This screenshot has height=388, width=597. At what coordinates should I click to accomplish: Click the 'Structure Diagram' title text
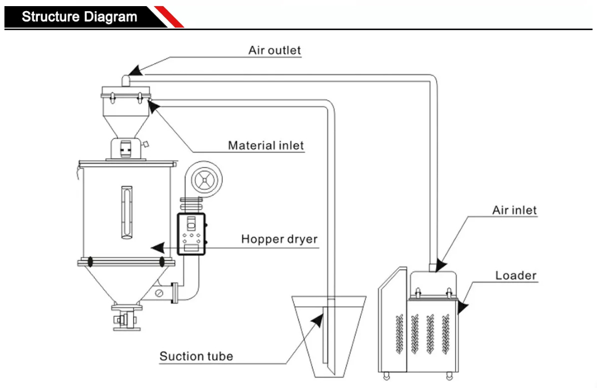pyautogui.click(x=79, y=17)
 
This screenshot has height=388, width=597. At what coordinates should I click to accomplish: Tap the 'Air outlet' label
pyautogui.click(x=275, y=50)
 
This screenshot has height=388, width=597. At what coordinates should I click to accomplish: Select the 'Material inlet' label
pyautogui.click(x=266, y=145)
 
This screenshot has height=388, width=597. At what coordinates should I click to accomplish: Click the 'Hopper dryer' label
pyautogui.click(x=279, y=239)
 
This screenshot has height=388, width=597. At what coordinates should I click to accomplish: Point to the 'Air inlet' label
pyautogui.click(x=515, y=210)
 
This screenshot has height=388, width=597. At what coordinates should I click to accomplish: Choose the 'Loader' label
pyautogui.click(x=516, y=276)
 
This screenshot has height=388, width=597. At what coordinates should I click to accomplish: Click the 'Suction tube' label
pyautogui.click(x=196, y=356)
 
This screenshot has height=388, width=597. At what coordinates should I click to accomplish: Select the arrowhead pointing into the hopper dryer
pyautogui.click(x=158, y=248)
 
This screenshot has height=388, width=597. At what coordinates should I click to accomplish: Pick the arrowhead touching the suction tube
pyautogui.click(x=317, y=321)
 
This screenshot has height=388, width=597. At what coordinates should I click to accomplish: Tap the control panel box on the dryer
pyautogui.click(x=191, y=234)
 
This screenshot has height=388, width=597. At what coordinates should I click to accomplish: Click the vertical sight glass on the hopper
pyautogui.click(x=127, y=213)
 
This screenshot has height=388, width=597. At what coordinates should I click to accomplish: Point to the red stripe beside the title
pyautogui.click(x=169, y=17)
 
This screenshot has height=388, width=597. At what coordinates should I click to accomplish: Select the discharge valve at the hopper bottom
pyautogui.click(x=126, y=317)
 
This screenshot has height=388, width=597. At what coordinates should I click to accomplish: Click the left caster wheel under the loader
pyautogui.click(x=386, y=376)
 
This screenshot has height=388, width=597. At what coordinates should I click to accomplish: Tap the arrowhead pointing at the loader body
pyautogui.click(x=462, y=306)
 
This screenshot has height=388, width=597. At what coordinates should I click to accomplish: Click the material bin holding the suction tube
pyautogui.click(x=329, y=336)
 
